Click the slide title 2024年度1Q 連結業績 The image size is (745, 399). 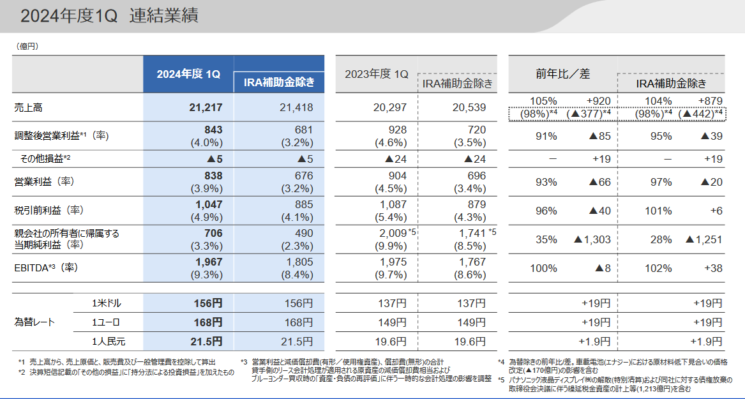pos(109,16)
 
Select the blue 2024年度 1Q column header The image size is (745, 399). pos(188,74)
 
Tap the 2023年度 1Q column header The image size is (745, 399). pos(376,74)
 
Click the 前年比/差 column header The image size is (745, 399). pos(562,74)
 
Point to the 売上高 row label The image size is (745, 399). pos(28,107)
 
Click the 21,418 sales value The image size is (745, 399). pos(296,107)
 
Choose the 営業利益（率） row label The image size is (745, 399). pos(44,182)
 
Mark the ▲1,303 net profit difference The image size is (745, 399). pos(592,239)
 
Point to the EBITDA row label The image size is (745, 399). pos(45,268)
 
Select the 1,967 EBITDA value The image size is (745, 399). pos(209,262)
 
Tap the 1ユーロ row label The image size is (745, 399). pos(106,322)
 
